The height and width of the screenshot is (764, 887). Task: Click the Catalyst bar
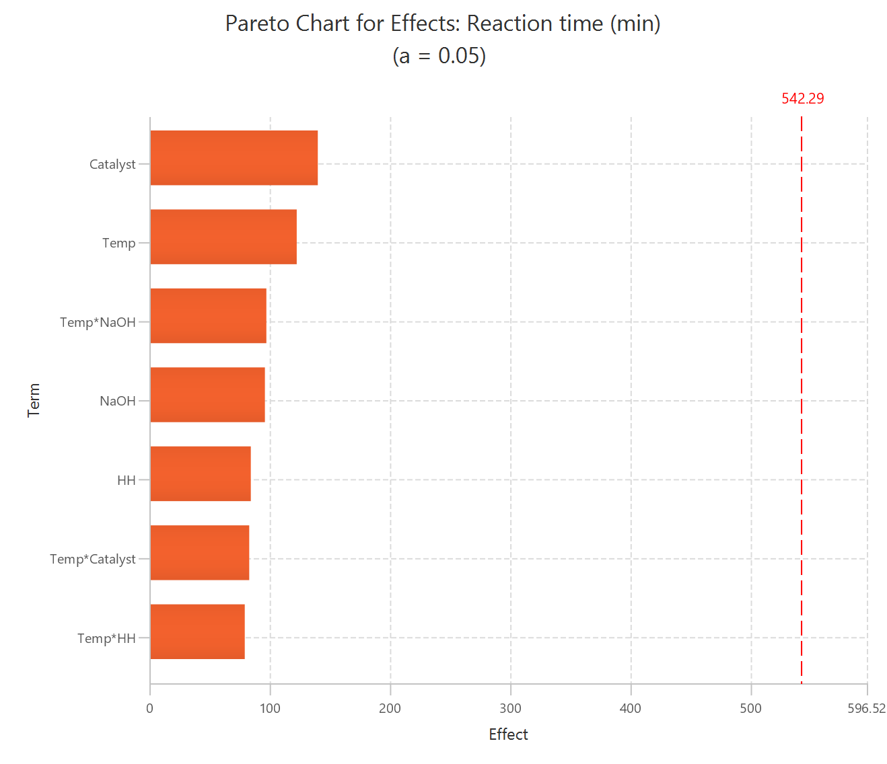tap(234, 158)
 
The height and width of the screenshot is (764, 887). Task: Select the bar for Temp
tap(223, 237)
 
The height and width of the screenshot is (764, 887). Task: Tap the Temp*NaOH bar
tap(208, 316)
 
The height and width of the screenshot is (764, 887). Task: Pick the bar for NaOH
tap(207, 395)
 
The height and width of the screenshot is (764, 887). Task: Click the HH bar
tap(201, 474)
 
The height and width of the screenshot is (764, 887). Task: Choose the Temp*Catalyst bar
tap(199, 553)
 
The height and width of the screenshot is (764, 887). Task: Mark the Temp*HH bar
tap(197, 632)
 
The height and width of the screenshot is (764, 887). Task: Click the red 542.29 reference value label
tap(802, 99)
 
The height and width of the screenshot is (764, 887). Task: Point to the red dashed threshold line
tap(802, 404)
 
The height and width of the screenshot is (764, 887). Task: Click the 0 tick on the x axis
tap(149, 708)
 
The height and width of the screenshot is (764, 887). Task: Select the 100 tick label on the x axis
tap(270, 708)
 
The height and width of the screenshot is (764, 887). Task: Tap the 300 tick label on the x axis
tap(510, 708)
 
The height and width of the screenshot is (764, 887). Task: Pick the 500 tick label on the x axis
tap(750, 708)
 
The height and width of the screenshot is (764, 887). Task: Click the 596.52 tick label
tap(866, 708)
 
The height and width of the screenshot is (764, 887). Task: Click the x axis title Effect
tap(508, 734)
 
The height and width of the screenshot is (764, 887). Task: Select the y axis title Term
tap(34, 401)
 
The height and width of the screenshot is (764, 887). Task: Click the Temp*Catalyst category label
tap(93, 560)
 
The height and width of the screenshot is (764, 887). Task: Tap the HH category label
tap(126, 480)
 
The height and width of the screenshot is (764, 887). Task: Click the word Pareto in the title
tap(258, 24)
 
